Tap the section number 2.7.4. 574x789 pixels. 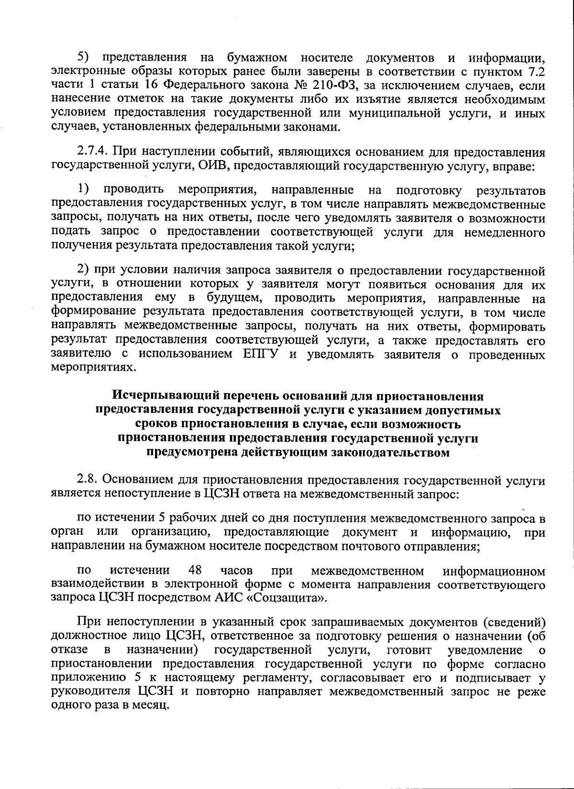click(94, 152)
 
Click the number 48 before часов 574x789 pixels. click(195, 570)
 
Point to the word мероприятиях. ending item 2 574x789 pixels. click(90, 369)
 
